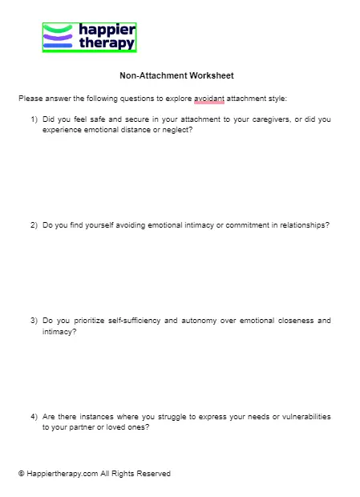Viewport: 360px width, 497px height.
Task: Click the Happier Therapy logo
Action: (89, 37)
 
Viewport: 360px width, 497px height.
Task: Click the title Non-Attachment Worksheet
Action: (176, 76)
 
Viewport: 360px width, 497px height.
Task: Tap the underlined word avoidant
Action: (208, 99)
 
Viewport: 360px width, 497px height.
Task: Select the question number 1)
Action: (34, 119)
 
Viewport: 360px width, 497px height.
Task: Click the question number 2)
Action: (34, 225)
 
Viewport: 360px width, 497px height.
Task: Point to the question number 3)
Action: (34, 321)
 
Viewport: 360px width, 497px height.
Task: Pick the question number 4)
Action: (34, 417)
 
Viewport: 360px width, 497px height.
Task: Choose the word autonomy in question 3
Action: (204, 321)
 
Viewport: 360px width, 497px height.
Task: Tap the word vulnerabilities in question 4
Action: (304, 417)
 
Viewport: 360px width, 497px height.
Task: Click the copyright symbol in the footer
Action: (22, 474)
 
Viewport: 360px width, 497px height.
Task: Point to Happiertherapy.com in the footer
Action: (63, 474)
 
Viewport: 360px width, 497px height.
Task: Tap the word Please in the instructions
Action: (30, 99)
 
